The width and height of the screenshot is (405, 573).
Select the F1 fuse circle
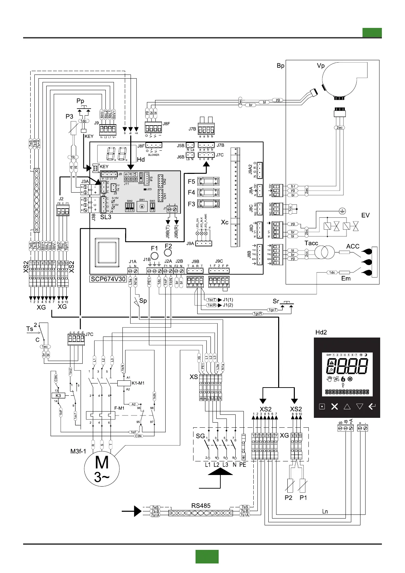click(154, 256)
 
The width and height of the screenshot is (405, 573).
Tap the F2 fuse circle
click(168, 252)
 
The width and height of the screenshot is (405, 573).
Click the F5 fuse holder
click(208, 181)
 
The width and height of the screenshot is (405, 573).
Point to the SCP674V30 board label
click(108, 279)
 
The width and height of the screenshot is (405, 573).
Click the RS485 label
click(201, 506)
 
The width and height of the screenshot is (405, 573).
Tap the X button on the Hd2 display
click(335, 407)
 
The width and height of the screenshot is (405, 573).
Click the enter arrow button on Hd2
click(372, 406)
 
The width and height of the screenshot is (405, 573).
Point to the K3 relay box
click(58, 396)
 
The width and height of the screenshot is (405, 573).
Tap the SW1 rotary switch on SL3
click(142, 206)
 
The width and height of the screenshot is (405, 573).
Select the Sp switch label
click(143, 301)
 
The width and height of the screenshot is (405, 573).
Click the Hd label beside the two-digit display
click(141, 160)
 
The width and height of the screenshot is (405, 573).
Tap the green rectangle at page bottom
click(207, 556)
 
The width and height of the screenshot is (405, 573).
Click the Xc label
click(225, 222)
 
